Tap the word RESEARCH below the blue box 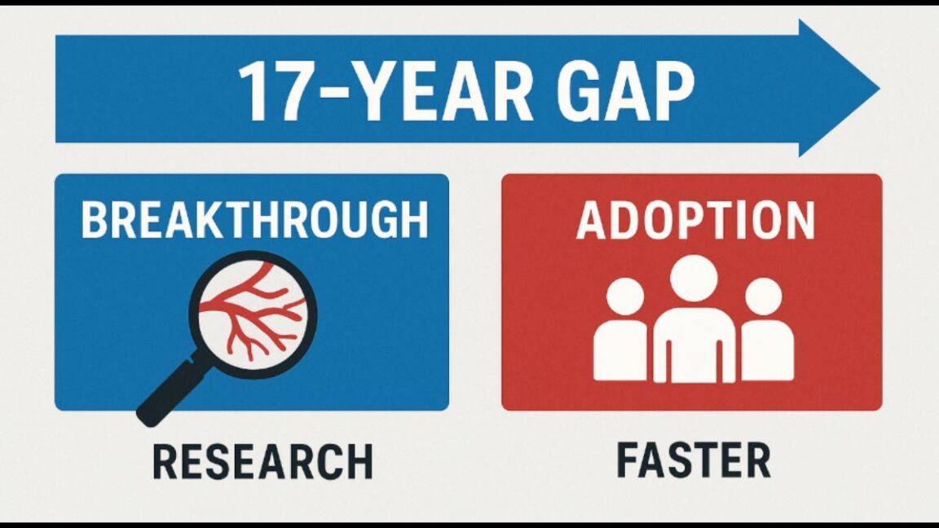point(262,461)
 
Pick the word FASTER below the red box point(694,460)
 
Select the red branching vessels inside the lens point(252,314)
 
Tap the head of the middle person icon point(694,277)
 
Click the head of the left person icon point(626,296)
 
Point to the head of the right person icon point(763,296)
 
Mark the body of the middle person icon point(694,346)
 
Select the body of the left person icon point(621,350)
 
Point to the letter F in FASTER point(628,460)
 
